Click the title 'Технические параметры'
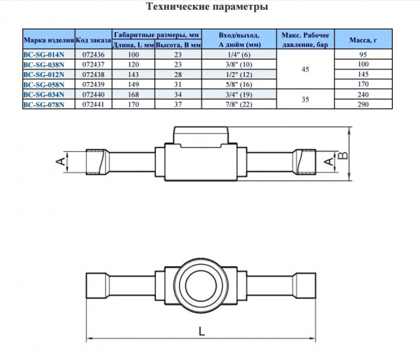206,8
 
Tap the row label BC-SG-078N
48,106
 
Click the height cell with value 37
178,106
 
